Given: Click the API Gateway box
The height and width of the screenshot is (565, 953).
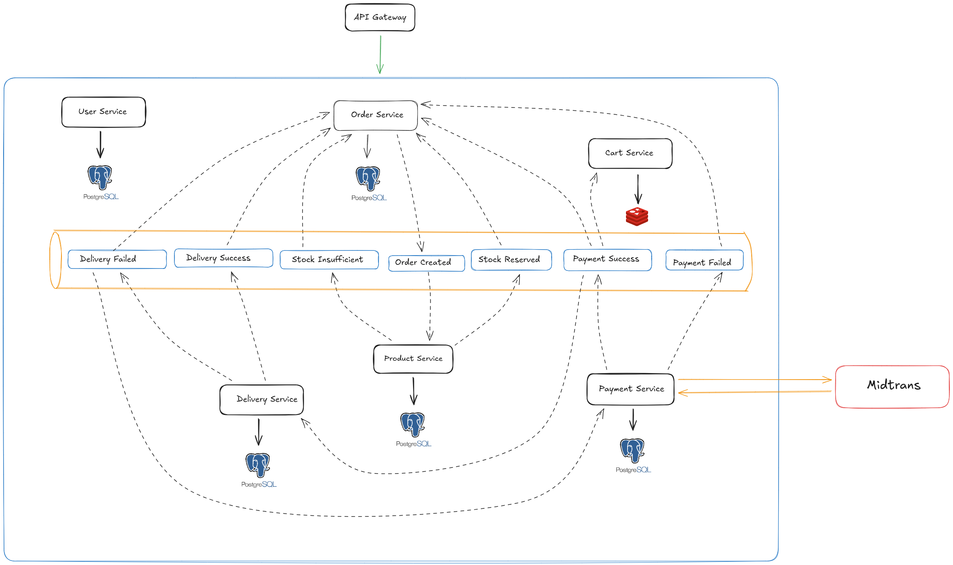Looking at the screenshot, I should tap(380, 18).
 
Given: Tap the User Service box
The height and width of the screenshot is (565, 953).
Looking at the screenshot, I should tap(103, 112).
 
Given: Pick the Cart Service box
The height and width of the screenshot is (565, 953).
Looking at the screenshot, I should tap(630, 153).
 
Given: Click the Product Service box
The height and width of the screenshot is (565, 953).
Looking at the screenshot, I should tap(413, 359).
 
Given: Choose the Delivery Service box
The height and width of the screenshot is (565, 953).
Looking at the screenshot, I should tap(262, 400).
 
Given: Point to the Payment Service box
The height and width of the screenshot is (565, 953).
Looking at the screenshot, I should tap(630, 389).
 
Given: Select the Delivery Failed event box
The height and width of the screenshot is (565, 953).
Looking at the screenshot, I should tap(117, 259).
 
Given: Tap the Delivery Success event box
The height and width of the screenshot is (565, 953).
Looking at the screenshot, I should tap(223, 258).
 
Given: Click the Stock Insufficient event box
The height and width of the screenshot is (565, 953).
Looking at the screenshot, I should tap(329, 260).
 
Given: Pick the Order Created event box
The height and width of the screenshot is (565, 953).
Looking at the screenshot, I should tap(426, 263).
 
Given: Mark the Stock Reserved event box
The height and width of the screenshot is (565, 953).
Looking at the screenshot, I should tap(511, 260).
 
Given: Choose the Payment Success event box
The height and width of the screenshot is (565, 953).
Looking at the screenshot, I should tap(607, 260).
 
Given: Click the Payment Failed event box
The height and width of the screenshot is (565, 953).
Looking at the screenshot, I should tap(704, 260).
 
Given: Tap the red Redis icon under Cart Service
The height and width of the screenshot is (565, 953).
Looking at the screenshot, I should tap(637, 217).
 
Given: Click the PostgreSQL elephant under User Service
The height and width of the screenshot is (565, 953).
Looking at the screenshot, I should tap(100, 177).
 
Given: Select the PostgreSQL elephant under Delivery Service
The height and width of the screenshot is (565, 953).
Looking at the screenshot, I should tap(258, 465).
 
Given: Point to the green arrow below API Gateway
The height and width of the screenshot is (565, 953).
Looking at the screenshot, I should tap(380, 55).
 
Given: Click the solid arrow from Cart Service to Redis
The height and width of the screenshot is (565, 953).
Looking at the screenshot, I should tap(638, 189).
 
